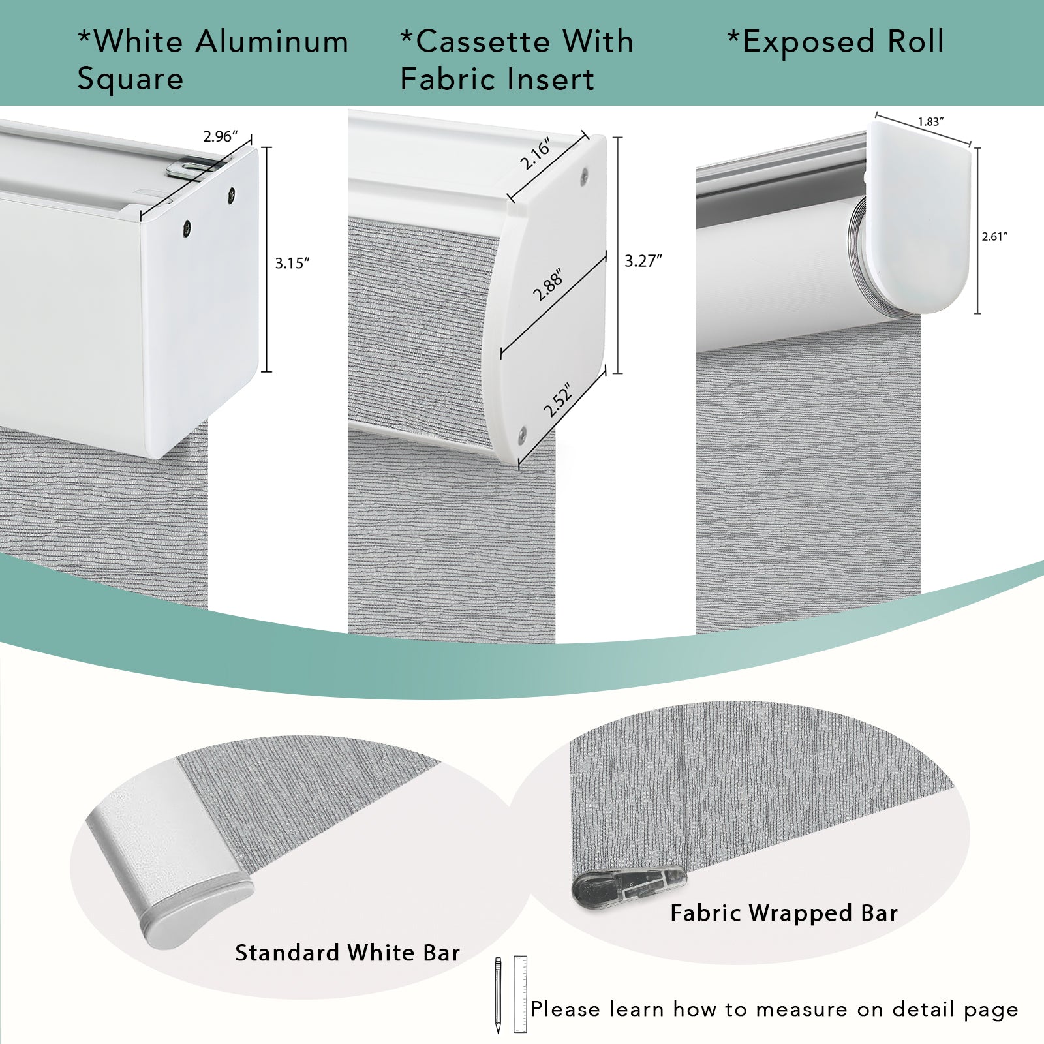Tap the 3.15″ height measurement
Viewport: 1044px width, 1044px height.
tap(292, 264)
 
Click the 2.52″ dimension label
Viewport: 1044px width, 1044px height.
tap(559, 400)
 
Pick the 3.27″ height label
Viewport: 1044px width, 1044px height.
tap(643, 261)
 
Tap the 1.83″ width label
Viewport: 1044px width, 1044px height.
tap(931, 122)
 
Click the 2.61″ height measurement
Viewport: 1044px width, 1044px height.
tap(994, 237)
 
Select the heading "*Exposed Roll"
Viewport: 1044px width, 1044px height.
tap(836, 42)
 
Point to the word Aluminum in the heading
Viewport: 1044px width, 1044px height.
tap(272, 42)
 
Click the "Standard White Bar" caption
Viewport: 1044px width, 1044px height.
tap(348, 953)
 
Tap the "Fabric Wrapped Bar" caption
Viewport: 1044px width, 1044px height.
tap(784, 913)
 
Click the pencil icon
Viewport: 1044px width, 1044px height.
tap(498, 995)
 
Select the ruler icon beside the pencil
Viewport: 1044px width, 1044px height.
tap(520, 994)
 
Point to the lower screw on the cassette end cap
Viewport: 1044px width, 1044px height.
tap(524, 431)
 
